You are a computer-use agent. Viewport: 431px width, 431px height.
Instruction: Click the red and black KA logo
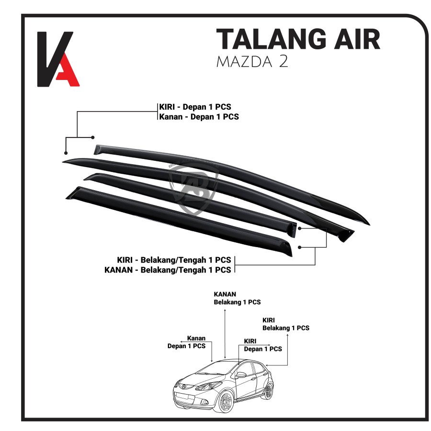(x=58, y=59)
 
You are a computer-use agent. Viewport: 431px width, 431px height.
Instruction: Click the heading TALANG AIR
(x=298, y=39)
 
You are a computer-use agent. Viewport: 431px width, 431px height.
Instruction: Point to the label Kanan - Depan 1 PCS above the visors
(x=199, y=116)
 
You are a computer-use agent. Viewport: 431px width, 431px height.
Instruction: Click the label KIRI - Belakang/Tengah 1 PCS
(x=174, y=260)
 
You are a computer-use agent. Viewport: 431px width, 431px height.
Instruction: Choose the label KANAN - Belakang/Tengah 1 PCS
(x=168, y=270)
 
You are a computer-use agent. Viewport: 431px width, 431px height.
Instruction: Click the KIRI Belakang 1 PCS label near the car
(x=285, y=324)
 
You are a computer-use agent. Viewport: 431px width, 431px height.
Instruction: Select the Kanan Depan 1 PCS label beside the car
(x=186, y=342)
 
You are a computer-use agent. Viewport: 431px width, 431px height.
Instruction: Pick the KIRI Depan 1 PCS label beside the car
(x=262, y=345)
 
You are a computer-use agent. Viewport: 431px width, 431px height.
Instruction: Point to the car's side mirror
(x=241, y=375)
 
